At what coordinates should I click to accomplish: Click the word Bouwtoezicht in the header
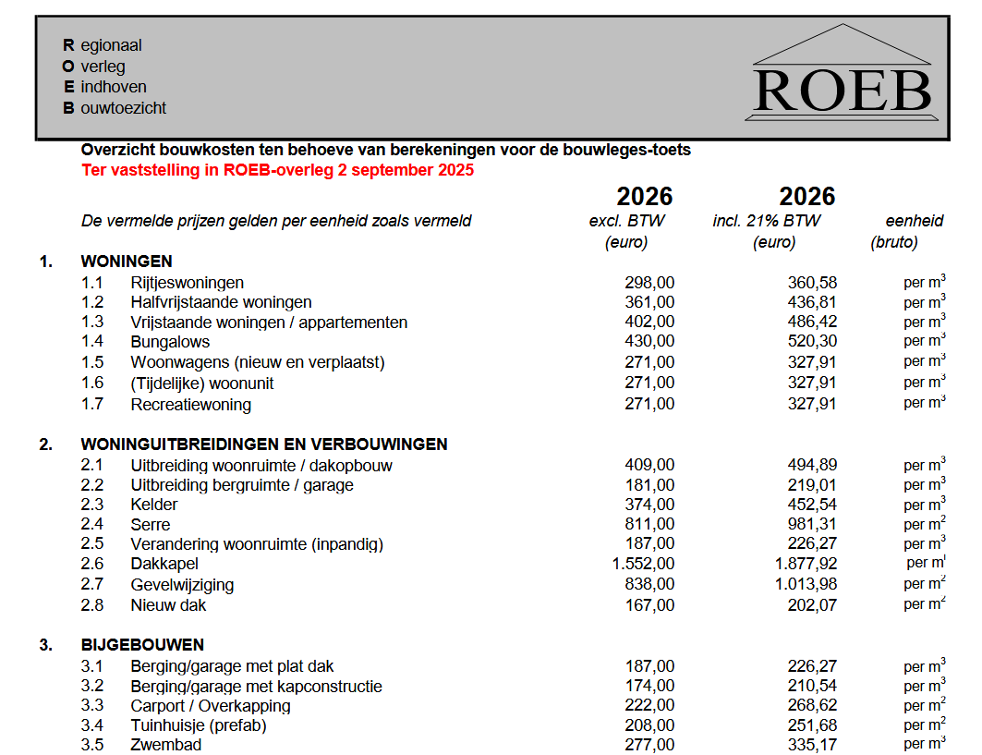coord(115,108)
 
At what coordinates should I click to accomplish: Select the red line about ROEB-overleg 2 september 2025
coord(277,170)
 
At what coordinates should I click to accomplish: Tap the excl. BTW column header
coord(626,221)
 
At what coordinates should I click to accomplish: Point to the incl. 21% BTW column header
coord(766,221)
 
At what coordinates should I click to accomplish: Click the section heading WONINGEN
coord(127,262)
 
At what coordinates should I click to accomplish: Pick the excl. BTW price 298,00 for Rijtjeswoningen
coord(649,283)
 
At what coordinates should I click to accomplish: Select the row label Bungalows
coord(170,342)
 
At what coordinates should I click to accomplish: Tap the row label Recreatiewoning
coord(190,405)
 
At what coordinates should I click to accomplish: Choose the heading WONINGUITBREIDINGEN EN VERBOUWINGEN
coord(264,444)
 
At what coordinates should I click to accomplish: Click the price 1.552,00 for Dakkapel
coord(643,564)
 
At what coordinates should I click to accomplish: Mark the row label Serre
coord(150,525)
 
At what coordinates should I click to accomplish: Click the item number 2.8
coord(91,605)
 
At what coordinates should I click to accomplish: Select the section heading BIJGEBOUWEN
coord(142,645)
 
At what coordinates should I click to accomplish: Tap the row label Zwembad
coord(165,745)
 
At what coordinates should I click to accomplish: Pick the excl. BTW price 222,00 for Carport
coord(649,706)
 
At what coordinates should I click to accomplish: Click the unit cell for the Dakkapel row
coord(926,563)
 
